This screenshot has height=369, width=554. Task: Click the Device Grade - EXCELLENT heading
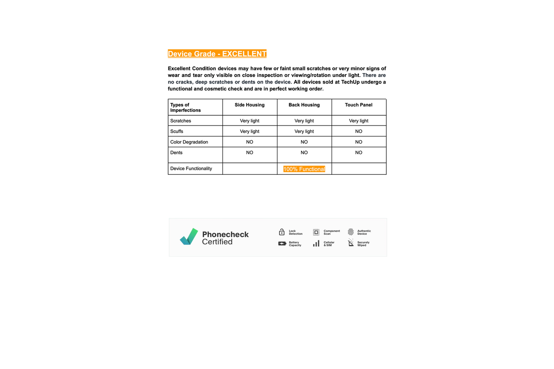click(217, 54)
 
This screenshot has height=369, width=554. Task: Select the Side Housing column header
click(249, 105)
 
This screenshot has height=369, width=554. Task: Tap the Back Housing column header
click(304, 105)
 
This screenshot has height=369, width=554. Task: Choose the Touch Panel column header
click(359, 105)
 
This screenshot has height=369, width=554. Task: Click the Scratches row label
click(181, 121)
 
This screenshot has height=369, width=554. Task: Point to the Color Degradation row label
click(189, 142)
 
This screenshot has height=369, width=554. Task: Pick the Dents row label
click(176, 153)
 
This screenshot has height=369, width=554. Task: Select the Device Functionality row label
click(191, 169)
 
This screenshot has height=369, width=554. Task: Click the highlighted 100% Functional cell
click(304, 169)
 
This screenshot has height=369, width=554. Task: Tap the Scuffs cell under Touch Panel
click(359, 131)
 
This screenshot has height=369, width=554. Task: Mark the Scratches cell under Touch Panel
click(359, 121)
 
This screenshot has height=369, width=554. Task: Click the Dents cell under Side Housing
click(249, 153)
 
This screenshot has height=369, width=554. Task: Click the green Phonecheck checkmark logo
click(189, 237)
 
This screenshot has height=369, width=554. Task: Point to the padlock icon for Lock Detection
click(282, 232)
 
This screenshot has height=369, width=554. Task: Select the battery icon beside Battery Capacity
click(282, 244)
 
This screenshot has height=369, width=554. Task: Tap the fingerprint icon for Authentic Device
click(351, 232)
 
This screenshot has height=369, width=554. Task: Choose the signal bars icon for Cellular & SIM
click(316, 244)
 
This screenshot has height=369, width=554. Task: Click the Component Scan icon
click(316, 232)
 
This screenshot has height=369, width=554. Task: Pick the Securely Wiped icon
click(351, 244)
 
